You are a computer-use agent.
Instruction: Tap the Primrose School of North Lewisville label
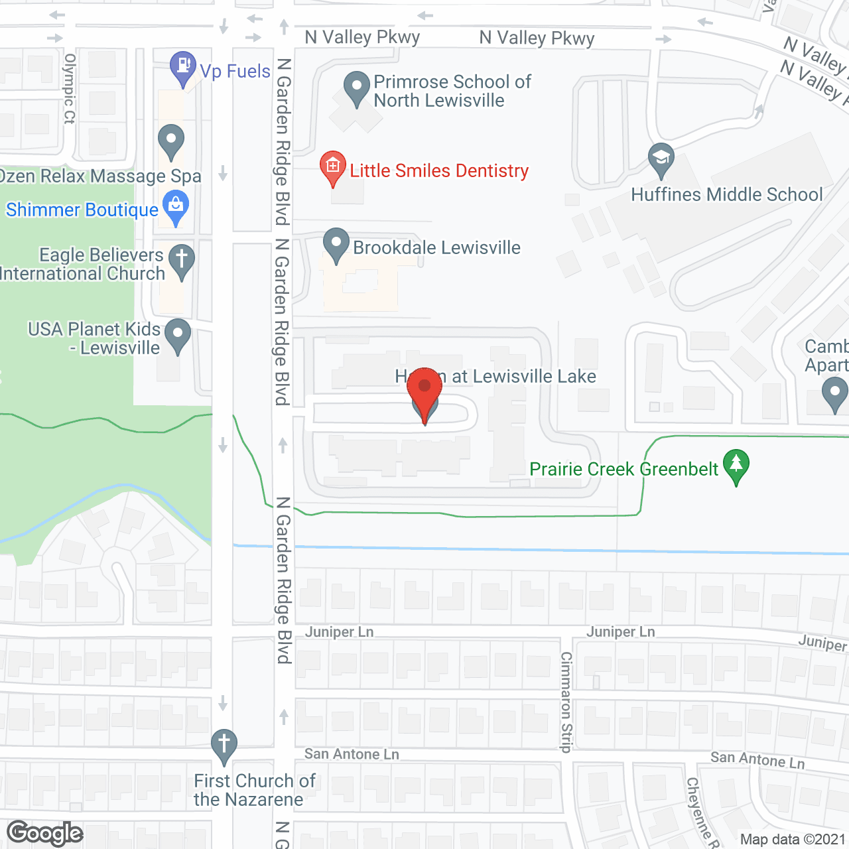[x=452, y=91]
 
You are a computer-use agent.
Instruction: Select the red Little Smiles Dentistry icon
[x=332, y=167]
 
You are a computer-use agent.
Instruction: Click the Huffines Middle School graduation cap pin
[x=661, y=159]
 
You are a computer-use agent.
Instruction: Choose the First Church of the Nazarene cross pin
[x=224, y=746]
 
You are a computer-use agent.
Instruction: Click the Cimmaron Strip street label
[x=566, y=702]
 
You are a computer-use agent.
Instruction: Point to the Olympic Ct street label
[x=70, y=89]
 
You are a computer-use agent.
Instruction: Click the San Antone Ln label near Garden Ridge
[x=352, y=754]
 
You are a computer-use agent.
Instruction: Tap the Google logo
[x=45, y=833]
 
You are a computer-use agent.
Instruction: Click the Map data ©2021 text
[x=793, y=840]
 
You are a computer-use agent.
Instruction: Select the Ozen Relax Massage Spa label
[x=100, y=176]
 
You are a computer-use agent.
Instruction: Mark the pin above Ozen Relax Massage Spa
[x=171, y=141]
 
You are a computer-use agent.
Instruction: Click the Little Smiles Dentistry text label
[x=439, y=171]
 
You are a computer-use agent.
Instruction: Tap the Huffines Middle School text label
[x=726, y=194]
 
